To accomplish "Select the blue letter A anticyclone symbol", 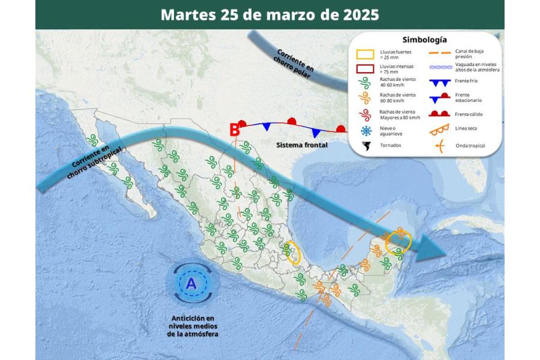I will click(x=191, y=284).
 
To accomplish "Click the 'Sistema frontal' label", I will click(x=302, y=145).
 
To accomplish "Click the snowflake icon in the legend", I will click(x=365, y=131).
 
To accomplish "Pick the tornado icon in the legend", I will click(x=365, y=146).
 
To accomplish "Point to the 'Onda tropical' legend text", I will click(x=470, y=146).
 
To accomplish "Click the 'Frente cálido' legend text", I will click(x=469, y=114).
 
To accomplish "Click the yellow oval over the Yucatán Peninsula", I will click(x=398, y=242).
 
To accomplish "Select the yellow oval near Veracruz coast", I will click(x=293, y=252).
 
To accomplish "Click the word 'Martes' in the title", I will click(x=184, y=14).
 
